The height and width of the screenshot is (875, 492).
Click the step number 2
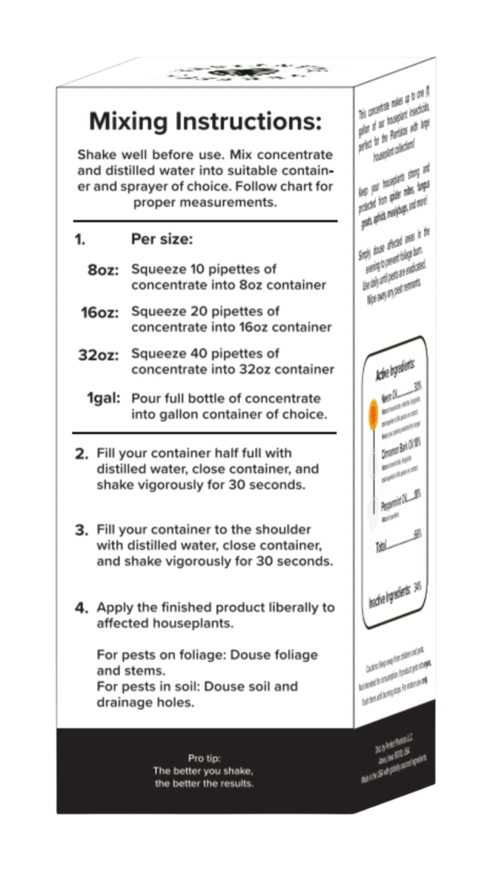click(82, 454)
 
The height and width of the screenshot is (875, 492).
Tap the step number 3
click(82, 530)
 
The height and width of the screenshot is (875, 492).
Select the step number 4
click(82, 608)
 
